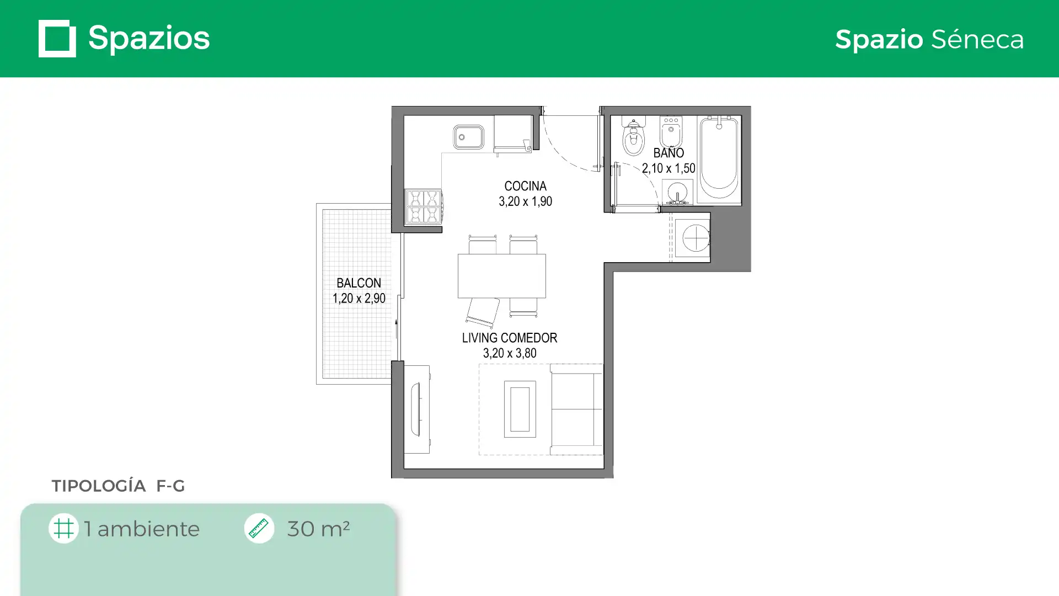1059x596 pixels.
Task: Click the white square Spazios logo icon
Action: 57,39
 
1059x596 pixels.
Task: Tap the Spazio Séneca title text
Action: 929,39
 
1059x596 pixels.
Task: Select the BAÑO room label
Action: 668,153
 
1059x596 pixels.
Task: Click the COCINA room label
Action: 525,186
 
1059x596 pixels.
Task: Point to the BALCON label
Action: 359,283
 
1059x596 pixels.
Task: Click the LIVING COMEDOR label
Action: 510,338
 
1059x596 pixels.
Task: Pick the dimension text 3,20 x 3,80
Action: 510,353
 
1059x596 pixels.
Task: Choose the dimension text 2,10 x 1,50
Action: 668,168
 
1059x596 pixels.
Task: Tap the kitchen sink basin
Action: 468,137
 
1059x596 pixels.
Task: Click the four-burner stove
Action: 424,206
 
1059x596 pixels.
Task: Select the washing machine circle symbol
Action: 696,238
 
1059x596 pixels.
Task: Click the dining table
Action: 502,276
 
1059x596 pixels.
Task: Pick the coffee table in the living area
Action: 520,409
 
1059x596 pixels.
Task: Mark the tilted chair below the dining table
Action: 483,312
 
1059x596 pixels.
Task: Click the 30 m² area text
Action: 318,529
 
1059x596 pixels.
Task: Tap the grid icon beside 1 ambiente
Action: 63,528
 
